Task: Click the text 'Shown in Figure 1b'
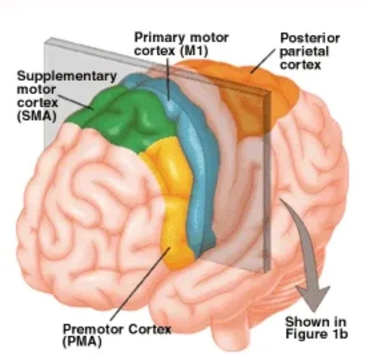(315, 328)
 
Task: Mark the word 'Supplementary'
(66, 75)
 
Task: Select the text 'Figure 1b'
(315, 334)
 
